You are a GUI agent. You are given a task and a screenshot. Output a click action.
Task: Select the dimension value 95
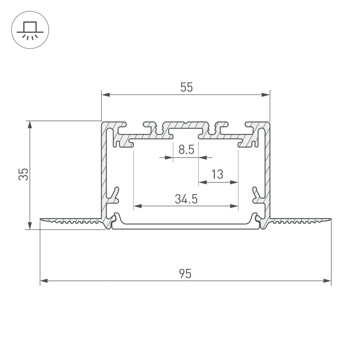(185, 274)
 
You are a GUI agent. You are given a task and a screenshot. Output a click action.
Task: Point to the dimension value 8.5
(186, 149)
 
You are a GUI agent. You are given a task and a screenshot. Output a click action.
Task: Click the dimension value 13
(217, 175)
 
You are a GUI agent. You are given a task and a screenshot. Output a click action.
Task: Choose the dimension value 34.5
(186, 199)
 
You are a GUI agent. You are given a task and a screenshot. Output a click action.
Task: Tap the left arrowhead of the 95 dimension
(44, 281)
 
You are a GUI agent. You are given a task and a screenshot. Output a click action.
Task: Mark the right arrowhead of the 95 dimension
(327, 281)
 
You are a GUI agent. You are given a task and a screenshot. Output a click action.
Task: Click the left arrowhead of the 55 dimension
(105, 95)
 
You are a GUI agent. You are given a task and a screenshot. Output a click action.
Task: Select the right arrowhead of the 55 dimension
(265, 95)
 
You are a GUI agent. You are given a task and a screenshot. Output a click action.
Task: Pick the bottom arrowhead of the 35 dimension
(30, 225)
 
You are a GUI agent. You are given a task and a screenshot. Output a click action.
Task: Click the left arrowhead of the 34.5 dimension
(138, 207)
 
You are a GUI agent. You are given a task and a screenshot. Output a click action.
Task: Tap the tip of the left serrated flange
(41, 219)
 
